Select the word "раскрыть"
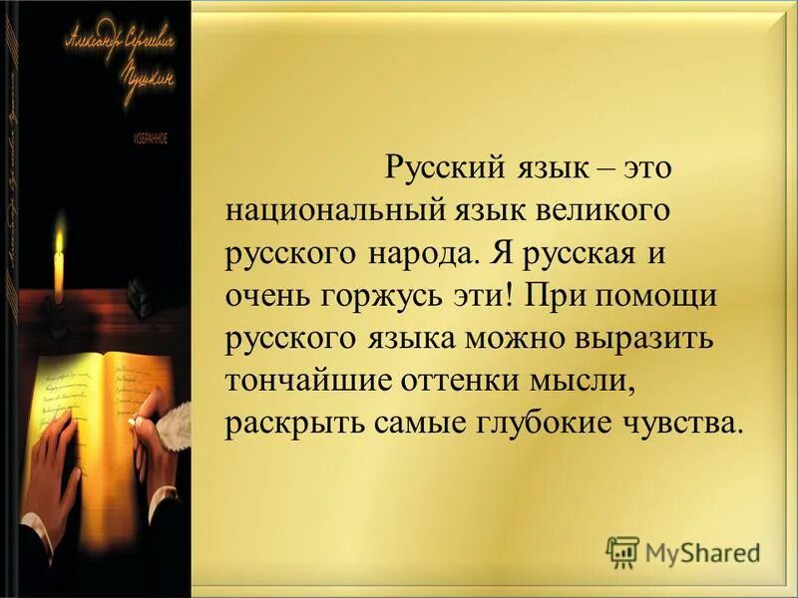tap(290, 424)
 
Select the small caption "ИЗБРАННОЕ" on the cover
tap(149, 141)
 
